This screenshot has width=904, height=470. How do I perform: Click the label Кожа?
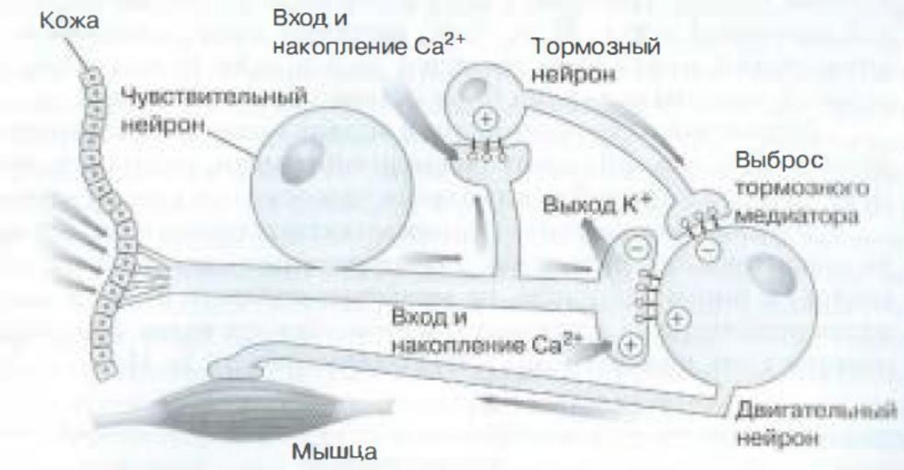69,21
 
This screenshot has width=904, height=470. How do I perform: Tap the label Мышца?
334,451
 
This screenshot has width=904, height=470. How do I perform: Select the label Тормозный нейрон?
596,60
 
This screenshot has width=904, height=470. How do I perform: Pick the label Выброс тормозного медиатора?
802,188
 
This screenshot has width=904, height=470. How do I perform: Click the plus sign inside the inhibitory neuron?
486,119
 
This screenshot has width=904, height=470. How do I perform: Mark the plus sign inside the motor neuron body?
677,319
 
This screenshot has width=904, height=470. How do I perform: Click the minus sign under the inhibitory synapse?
708,251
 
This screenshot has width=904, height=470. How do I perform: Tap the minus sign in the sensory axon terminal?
635,250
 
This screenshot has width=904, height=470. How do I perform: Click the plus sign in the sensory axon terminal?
631,345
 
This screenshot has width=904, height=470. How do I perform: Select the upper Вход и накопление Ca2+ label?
369,33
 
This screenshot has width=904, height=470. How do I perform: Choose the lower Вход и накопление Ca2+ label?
485,332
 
